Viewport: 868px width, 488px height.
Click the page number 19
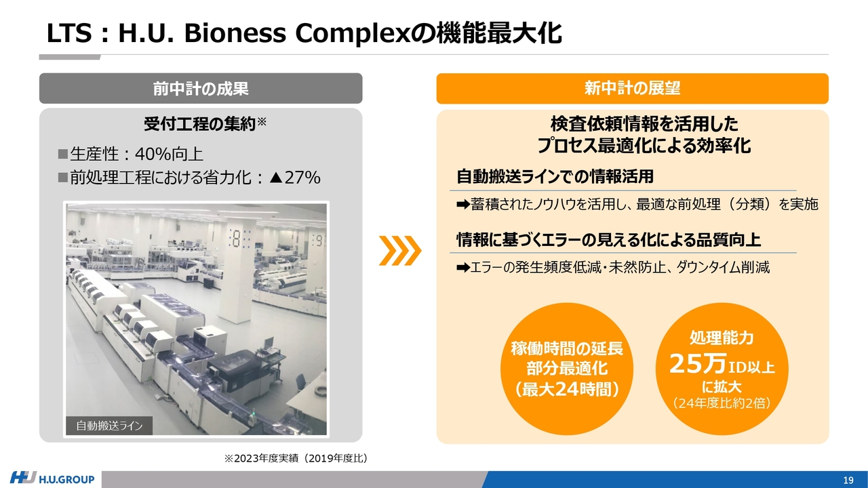click(848, 481)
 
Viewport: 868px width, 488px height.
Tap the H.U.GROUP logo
click(52, 479)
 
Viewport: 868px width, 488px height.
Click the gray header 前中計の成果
click(201, 88)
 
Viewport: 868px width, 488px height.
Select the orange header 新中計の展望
click(633, 88)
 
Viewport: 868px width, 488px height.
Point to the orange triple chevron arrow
click(400, 251)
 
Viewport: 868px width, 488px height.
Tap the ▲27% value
click(295, 178)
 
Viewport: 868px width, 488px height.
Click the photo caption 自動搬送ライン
click(109, 426)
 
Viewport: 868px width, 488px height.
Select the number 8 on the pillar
click(235, 238)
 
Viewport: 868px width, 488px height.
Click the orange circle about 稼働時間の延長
click(566, 369)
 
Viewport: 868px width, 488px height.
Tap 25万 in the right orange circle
click(698, 364)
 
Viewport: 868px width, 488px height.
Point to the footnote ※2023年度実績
click(296, 458)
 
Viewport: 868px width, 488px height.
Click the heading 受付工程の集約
click(200, 124)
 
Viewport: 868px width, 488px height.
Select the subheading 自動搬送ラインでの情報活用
click(555, 176)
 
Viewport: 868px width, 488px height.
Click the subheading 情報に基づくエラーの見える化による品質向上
click(609, 240)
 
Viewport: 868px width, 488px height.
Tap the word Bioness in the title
click(235, 33)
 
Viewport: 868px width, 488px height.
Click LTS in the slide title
click(69, 33)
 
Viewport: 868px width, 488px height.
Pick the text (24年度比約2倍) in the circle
click(722, 403)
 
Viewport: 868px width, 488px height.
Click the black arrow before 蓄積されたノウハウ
click(463, 204)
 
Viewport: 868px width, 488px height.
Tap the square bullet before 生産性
click(63, 154)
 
